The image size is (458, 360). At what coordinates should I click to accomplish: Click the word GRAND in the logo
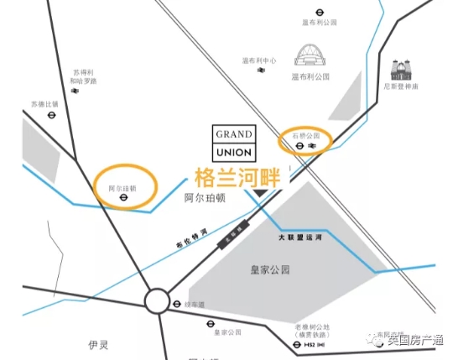[234, 134]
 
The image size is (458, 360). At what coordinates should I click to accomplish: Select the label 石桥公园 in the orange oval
[305, 134]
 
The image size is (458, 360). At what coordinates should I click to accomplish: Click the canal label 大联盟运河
[299, 238]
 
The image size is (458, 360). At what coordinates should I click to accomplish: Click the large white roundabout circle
[156, 301]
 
